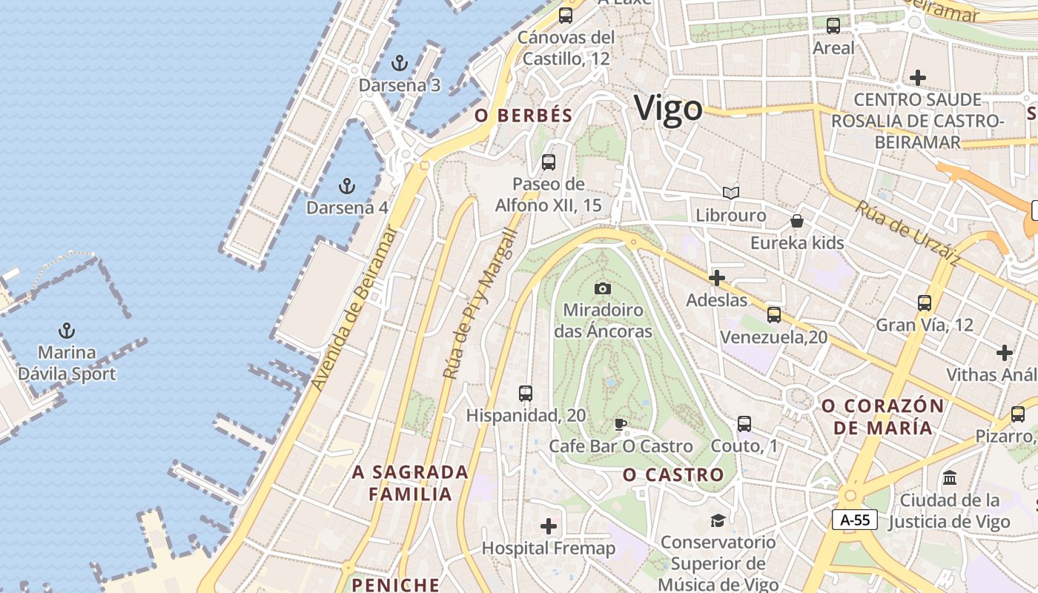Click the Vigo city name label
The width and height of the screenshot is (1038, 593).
[668, 108]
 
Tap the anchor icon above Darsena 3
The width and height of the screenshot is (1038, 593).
[400, 62]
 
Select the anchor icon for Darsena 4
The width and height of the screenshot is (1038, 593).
[346, 185]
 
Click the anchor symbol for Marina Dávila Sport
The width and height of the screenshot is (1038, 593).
[67, 330]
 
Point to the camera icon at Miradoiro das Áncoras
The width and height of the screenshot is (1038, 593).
[603, 288]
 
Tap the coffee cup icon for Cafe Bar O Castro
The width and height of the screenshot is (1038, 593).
[621, 424]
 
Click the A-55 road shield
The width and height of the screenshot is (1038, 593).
[855, 520]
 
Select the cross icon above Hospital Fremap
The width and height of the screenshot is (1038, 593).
[549, 526]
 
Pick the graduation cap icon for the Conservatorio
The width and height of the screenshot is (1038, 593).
[718, 520]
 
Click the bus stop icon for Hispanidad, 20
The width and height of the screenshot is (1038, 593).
[526, 393]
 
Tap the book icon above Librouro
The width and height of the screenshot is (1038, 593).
[731, 193]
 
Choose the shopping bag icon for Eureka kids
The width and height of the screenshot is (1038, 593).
[797, 221]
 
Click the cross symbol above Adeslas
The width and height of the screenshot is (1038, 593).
[716, 278]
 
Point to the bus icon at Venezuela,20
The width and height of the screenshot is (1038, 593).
[774, 314]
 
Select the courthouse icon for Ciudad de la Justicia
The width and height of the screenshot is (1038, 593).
[950, 477]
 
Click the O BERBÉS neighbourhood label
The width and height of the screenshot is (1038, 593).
[524, 116]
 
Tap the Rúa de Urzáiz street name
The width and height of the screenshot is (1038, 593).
[908, 233]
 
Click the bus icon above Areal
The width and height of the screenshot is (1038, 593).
[833, 26]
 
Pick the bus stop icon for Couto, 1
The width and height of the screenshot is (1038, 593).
[744, 424]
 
